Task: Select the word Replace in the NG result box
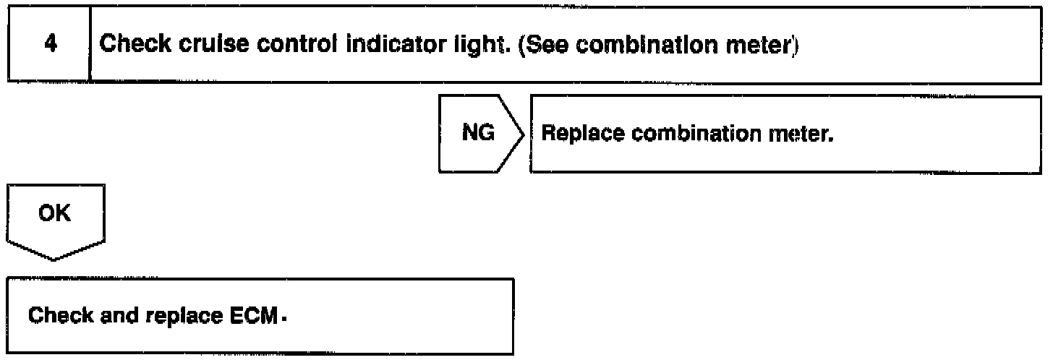[577, 134]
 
